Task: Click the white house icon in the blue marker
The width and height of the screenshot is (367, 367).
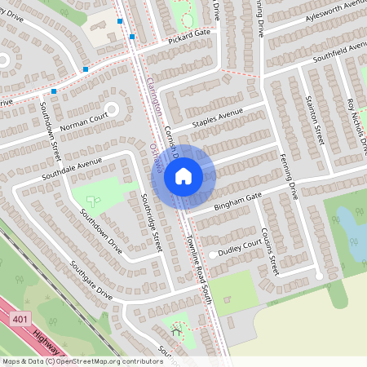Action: [x=183, y=175]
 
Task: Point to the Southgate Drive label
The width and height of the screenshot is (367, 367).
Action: [x=91, y=278]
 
